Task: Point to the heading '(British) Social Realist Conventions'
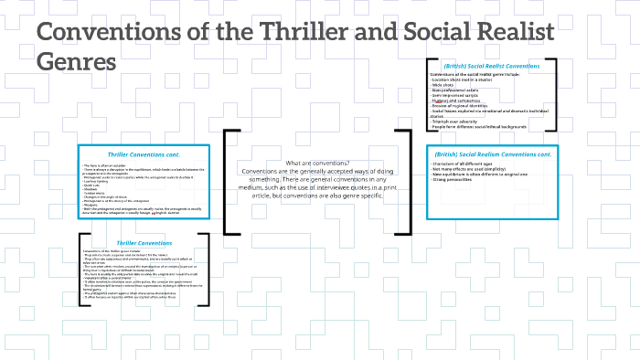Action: pyautogui.click(x=490, y=67)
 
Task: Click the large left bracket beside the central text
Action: pyautogui.click(x=229, y=182)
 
